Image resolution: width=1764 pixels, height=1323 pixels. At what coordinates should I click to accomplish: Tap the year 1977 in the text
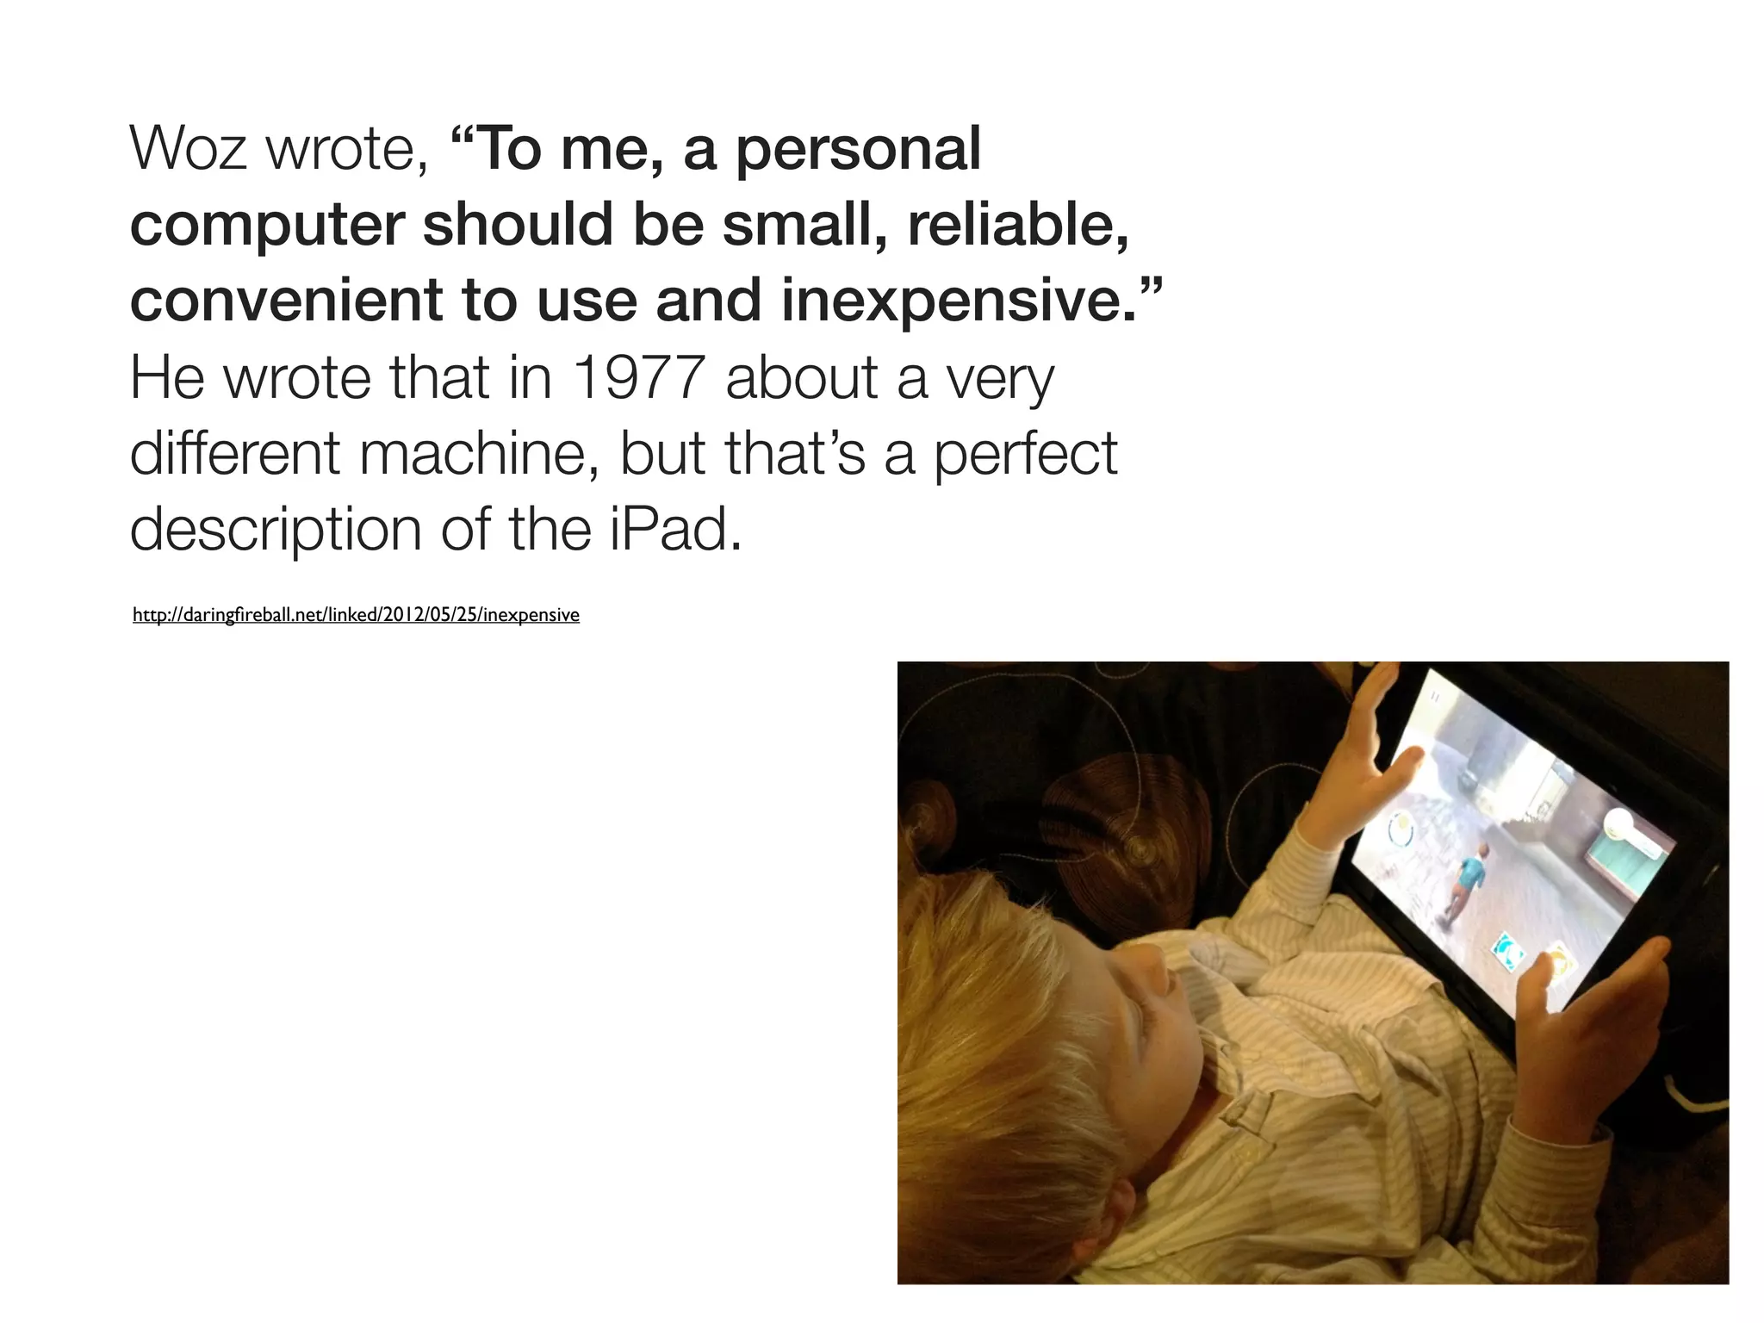pos(638,378)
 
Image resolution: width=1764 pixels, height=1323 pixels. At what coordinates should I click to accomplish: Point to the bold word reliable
pos(1016,225)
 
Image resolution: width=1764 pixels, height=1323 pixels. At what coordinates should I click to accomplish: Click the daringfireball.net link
pos(356,615)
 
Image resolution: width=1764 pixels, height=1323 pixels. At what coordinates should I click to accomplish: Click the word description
pos(275,531)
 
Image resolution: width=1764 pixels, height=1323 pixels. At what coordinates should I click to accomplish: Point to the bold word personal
pos(858,151)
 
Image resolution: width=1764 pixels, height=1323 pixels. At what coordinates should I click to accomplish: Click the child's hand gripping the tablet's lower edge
pos(1576,1025)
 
